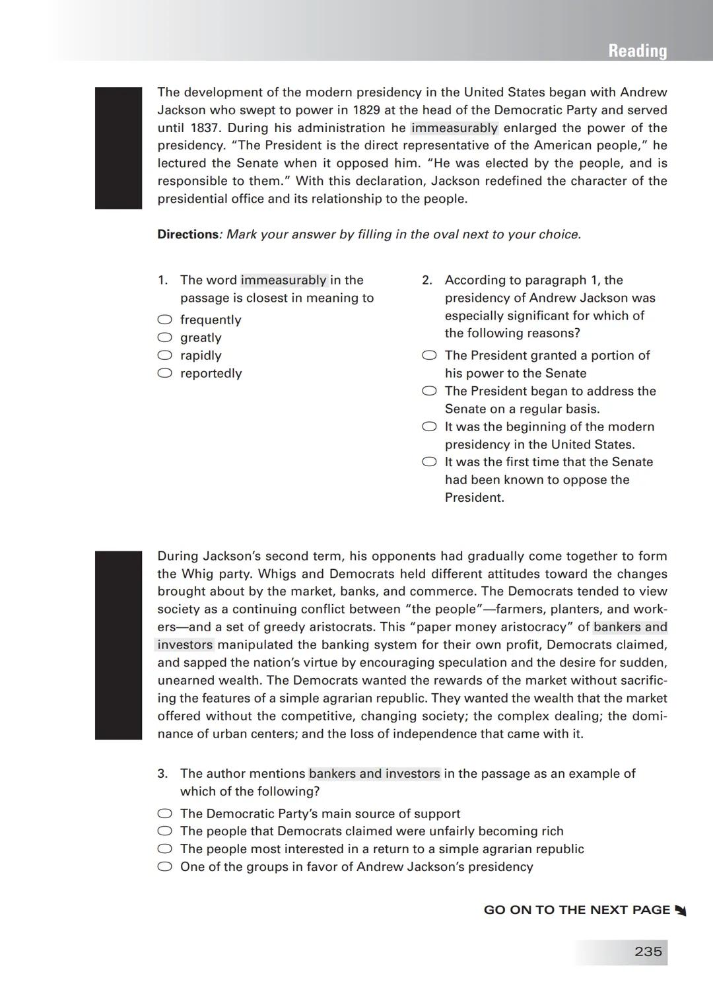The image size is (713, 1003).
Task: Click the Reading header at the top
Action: (x=637, y=51)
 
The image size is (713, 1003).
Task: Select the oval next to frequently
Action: (x=164, y=320)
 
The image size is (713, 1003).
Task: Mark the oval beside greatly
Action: (x=164, y=337)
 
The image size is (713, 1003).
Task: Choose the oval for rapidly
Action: (x=164, y=355)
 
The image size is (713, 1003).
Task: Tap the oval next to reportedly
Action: (x=164, y=373)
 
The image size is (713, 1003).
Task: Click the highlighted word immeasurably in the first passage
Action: (x=454, y=128)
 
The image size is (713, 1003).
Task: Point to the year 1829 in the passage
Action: (x=366, y=110)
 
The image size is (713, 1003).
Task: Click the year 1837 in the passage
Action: (x=205, y=128)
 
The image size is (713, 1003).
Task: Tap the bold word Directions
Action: (x=187, y=234)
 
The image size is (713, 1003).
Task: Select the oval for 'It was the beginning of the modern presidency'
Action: (x=429, y=427)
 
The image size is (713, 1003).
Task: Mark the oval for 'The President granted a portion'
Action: (x=429, y=355)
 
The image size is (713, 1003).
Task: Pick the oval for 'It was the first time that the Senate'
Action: (x=429, y=462)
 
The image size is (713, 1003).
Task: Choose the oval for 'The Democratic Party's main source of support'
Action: (x=164, y=814)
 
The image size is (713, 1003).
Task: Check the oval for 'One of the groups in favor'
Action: (x=164, y=867)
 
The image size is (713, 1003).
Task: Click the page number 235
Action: (x=648, y=951)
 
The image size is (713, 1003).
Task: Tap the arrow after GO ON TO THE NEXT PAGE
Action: (x=681, y=911)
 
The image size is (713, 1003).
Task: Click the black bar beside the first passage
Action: (x=118, y=148)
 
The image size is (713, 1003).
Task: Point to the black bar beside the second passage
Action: (x=118, y=645)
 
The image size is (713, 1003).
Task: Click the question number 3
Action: (x=162, y=774)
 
